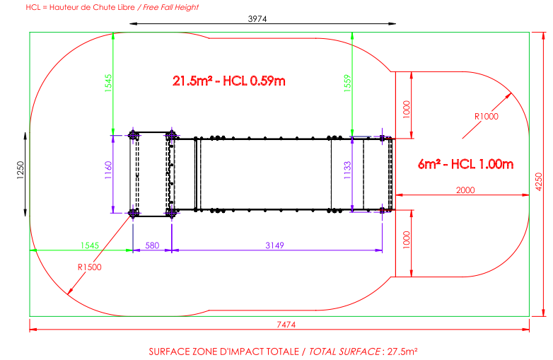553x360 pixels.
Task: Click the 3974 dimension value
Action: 257,18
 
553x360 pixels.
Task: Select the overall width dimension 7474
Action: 286,325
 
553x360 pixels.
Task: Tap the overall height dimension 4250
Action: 539,182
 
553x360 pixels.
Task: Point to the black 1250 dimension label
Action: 21,170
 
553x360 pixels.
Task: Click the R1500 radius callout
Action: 90,267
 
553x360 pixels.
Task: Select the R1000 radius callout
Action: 487,117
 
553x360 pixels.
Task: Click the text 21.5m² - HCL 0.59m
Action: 229,81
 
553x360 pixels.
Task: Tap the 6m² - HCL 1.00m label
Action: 465,164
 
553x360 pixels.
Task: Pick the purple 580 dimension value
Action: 152,245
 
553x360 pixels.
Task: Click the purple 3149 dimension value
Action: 275,245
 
